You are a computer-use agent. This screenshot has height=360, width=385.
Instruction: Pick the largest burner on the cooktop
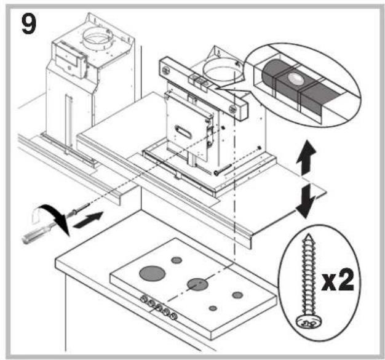(x=151, y=271)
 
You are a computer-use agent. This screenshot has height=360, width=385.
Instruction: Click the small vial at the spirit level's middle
(x=197, y=79)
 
